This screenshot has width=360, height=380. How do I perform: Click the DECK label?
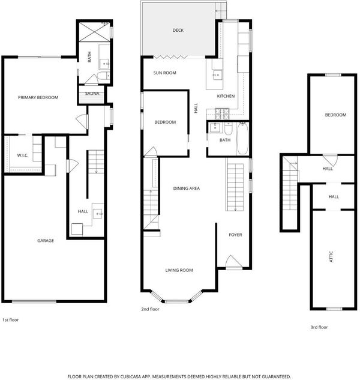[x=178, y=30]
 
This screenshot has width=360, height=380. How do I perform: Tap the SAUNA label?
[x=92, y=93]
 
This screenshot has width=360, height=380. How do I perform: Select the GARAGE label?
[x=46, y=240]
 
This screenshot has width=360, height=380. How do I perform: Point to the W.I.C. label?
[x=23, y=155]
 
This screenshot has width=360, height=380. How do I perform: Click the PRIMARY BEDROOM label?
[x=38, y=97]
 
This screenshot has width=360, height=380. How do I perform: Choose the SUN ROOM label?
[x=165, y=73]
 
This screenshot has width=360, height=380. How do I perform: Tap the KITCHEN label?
[x=226, y=96]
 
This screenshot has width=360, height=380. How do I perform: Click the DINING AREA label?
[x=187, y=188]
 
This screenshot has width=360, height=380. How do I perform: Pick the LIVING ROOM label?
[x=179, y=270]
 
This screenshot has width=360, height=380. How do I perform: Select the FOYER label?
[x=235, y=235]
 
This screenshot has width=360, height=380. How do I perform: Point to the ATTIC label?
[x=331, y=257]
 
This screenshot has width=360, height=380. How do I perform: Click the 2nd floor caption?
[x=150, y=309]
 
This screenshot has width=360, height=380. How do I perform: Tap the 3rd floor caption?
[x=319, y=327]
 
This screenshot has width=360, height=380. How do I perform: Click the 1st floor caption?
[x=10, y=320]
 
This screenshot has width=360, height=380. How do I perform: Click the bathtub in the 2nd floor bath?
[x=242, y=139]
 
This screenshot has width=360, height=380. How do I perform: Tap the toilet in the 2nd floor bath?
[x=228, y=128]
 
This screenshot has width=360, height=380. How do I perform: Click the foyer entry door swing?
[x=234, y=261]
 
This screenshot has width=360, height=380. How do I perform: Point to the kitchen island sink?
[x=217, y=74]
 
